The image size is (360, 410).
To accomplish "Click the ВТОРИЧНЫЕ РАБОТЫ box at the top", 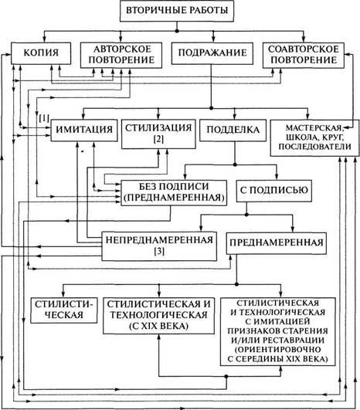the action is tap(177, 11).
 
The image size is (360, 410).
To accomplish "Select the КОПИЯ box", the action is tap(41, 53).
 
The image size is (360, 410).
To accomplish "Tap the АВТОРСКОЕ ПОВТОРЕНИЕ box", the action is tap(121, 55).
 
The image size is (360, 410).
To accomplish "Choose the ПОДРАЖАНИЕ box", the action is tap(212, 53).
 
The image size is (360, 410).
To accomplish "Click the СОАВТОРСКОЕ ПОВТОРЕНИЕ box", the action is tap(304, 55).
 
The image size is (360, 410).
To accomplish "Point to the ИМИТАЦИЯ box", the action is tap(84, 130).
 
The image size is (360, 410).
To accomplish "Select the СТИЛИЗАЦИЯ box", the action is tap(158, 134).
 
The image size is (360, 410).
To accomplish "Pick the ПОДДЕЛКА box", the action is tap(233, 130).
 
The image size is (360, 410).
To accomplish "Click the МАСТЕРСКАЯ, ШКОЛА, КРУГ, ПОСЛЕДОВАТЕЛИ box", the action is tap(314, 137).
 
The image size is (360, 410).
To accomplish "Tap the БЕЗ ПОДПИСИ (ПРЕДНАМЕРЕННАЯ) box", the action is tap(174, 193).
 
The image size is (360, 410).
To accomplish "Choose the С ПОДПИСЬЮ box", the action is tap(274, 191).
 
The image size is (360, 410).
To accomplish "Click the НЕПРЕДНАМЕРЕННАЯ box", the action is tap(159, 246).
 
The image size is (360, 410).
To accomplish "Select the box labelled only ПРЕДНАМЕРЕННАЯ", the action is tap(277, 243).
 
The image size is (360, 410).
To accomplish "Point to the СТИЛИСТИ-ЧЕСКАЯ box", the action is tap(64, 310).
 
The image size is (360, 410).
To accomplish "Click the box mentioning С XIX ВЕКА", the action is tap(158, 316).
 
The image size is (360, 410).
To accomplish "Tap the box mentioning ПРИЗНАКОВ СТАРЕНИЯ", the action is tap(277, 331).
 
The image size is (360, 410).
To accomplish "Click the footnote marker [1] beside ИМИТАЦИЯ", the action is tap(44, 118).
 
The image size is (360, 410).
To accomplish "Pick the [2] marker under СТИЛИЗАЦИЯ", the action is tap(158, 139).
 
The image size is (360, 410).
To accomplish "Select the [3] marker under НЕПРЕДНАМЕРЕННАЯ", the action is tap(159, 251).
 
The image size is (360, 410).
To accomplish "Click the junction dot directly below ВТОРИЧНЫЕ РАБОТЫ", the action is tap(177, 31).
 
